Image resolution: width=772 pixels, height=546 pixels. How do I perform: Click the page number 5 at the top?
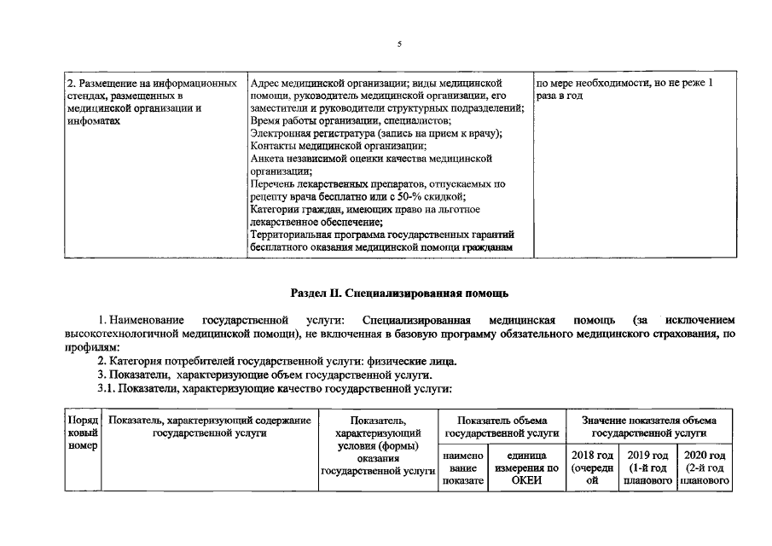[x=398, y=44]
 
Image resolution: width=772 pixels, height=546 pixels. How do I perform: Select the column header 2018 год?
[x=591, y=468]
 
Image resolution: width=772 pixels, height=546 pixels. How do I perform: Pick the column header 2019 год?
[x=646, y=468]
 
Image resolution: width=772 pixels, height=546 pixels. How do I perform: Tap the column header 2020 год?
[x=705, y=468]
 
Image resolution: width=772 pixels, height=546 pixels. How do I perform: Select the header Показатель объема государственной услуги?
[x=500, y=427]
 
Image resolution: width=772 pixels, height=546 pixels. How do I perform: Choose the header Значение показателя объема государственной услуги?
[x=648, y=427]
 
